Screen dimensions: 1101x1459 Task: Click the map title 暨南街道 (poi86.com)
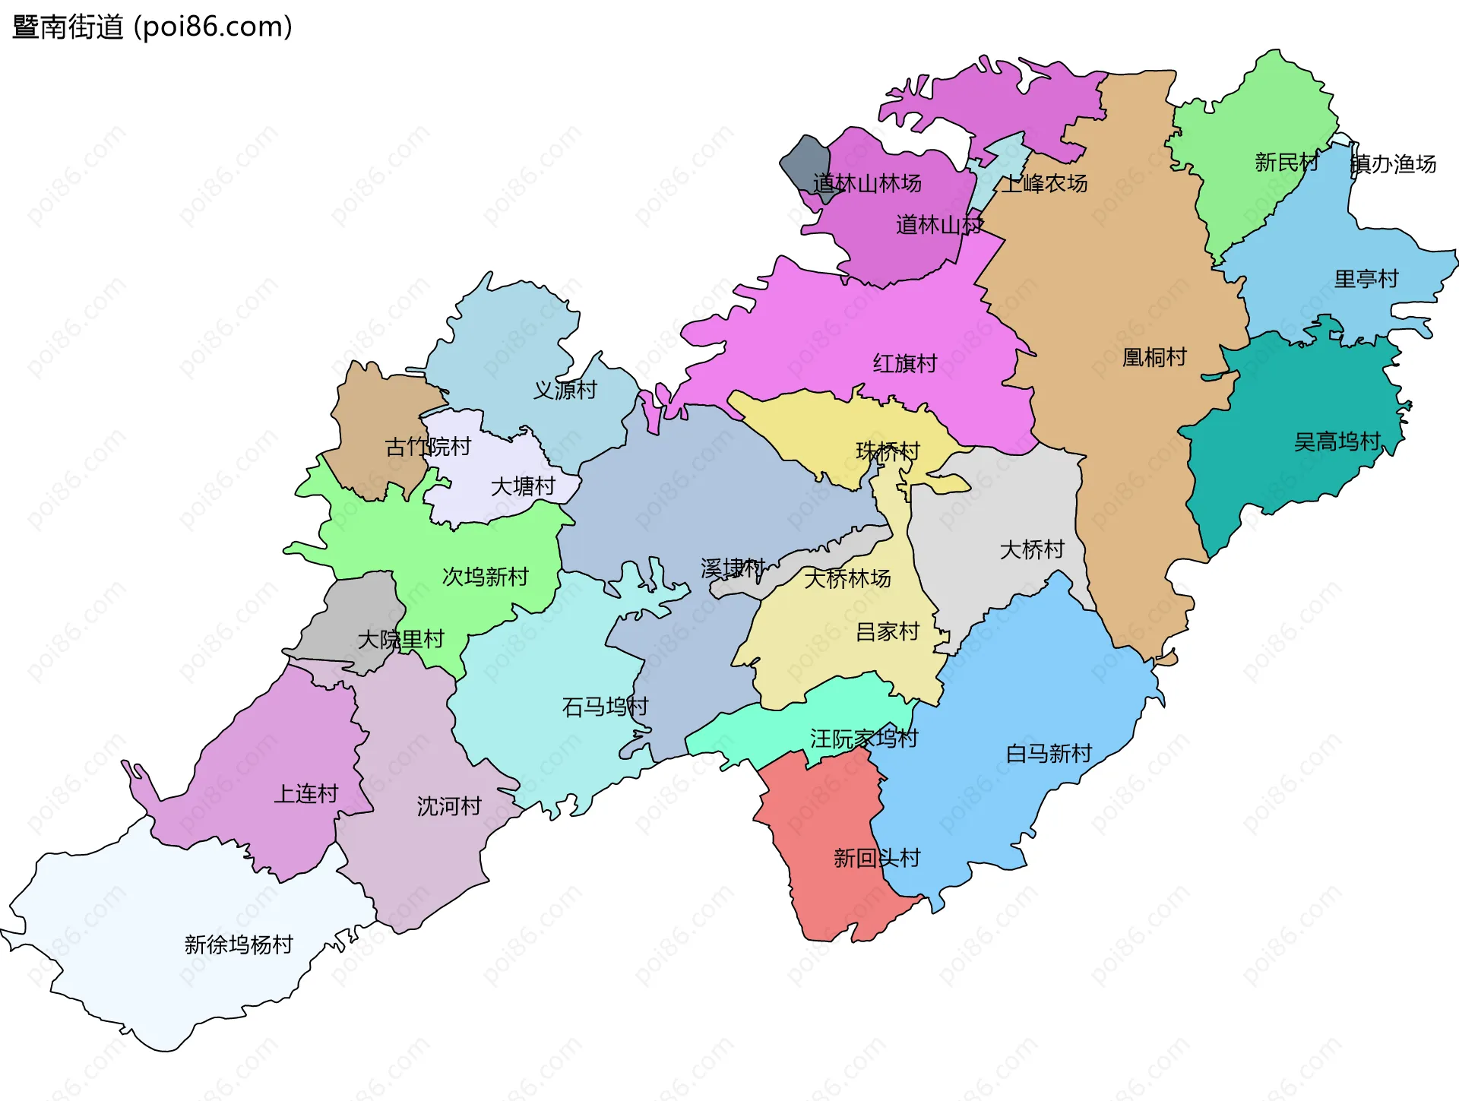pyautogui.click(x=152, y=27)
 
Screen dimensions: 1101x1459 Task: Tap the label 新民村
pyautogui.click(x=1286, y=163)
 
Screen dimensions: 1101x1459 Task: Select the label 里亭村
pyautogui.click(x=1366, y=279)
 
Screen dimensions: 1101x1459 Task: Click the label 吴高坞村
pyautogui.click(x=1337, y=441)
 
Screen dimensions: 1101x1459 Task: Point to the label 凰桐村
pyautogui.click(x=1154, y=357)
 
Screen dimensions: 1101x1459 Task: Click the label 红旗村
pyautogui.click(x=904, y=364)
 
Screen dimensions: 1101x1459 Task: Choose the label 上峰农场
pyautogui.click(x=1044, y=184)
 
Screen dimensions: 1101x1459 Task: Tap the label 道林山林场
pyautogui.click(x=867, y=183)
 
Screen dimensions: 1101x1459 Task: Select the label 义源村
pyautogui.click(x=565, y=391)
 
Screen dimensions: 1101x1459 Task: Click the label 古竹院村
pyautogui.click(x=428, y=447)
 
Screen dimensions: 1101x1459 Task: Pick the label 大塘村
pyautogui.click(x=523, y=486)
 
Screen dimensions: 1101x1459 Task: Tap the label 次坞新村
pyautogui.click(x=485, y=577)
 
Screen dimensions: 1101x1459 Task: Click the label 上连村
pyautogui.click(x=305, y=794)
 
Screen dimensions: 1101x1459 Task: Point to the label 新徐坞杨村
pyautogui.click(x=239, y=944)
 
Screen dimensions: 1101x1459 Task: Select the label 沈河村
pyautogui.click(x=448, y=806)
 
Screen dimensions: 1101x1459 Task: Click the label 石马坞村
pyautogui.click(x=605, y=707)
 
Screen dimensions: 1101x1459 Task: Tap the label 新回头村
pyautogui.click(x=876, y=859)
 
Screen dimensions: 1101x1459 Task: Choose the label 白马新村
pyautogui.click(x=1049, y=754)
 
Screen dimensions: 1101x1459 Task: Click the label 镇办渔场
pyautogui.click(x=1393, y=164)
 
